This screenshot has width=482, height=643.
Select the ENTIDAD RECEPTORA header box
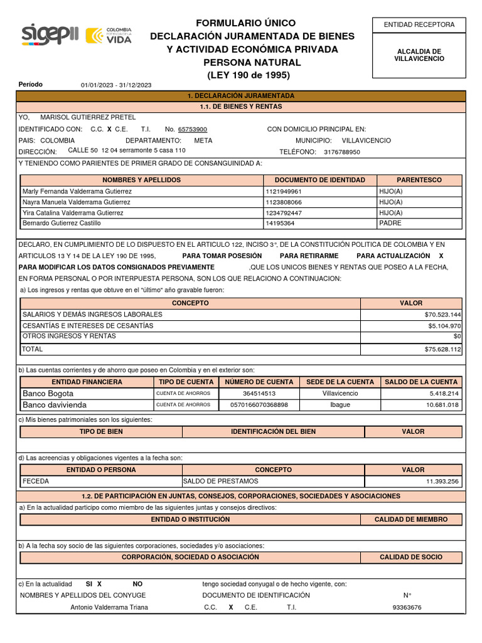(x=419, y=24)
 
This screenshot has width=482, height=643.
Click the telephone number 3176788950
(x=342, y=152)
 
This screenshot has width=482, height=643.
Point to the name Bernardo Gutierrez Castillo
(x=62, y=223)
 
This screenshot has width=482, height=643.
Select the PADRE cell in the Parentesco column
(x=390, y=223)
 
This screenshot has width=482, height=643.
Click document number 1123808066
(x=284, y=202)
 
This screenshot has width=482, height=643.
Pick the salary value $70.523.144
(x=442, y=314)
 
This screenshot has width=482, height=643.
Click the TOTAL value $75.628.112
(x=442, y=349)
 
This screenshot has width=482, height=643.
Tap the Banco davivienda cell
(x=55, y=405)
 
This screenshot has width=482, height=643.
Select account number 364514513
(x=259, y=393)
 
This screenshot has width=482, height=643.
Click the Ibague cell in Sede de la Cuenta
(x=340, y=405)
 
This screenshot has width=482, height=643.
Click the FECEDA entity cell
(x=36, y=481)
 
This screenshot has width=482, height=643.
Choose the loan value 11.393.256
(x=442, y=481)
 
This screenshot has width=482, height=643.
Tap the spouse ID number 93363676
(x=407, y=607)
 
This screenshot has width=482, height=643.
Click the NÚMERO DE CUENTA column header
(x=259, y=382)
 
